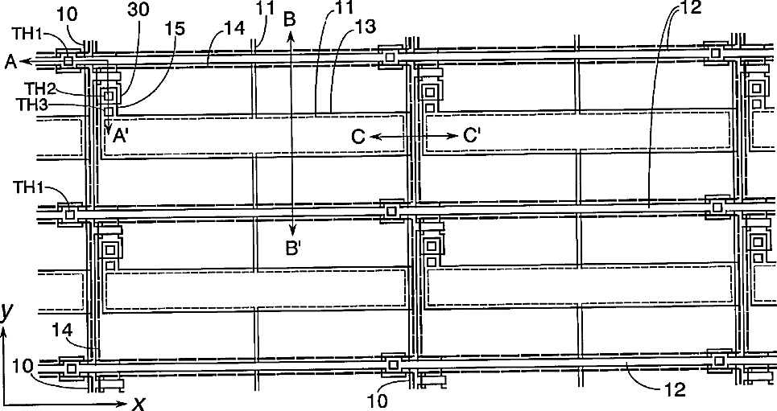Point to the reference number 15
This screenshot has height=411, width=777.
point(175,27)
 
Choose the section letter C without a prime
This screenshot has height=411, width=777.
point(358,138)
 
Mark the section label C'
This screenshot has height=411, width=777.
point(472,137)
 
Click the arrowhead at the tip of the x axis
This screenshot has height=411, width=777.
point(121,400)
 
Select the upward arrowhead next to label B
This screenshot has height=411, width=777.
point(291,35)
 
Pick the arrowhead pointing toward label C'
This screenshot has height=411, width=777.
point(453,138)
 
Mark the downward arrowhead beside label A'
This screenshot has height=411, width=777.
point(107,129)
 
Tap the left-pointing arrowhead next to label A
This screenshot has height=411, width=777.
point(24,61)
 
